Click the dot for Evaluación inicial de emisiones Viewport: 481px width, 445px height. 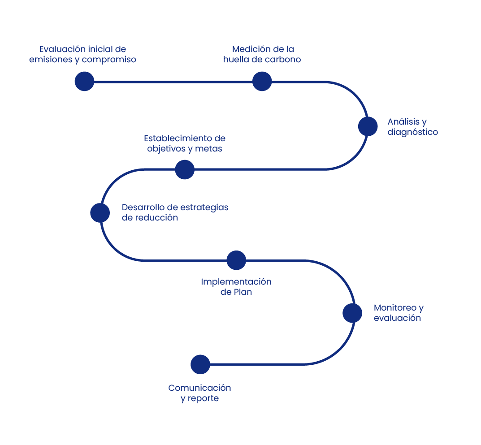point(84,82)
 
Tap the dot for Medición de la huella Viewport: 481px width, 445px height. point(262,82)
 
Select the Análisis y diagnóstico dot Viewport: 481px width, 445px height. point(368,126)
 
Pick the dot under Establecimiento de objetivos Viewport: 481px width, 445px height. point(185,170)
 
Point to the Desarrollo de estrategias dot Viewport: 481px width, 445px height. point(100,213)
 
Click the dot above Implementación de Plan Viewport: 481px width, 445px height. point(236,260)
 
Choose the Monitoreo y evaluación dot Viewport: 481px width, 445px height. point(352,313)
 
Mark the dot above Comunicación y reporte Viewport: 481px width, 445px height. point(200,365)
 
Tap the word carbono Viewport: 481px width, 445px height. point(282,60)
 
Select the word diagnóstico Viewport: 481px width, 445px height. point(412,132)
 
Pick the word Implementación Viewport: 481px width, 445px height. point(236,282)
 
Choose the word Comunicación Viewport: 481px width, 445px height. point(199,388)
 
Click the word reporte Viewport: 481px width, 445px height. point(205,398)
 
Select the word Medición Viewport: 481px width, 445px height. point(251,49)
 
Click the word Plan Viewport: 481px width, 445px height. point(243,292)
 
